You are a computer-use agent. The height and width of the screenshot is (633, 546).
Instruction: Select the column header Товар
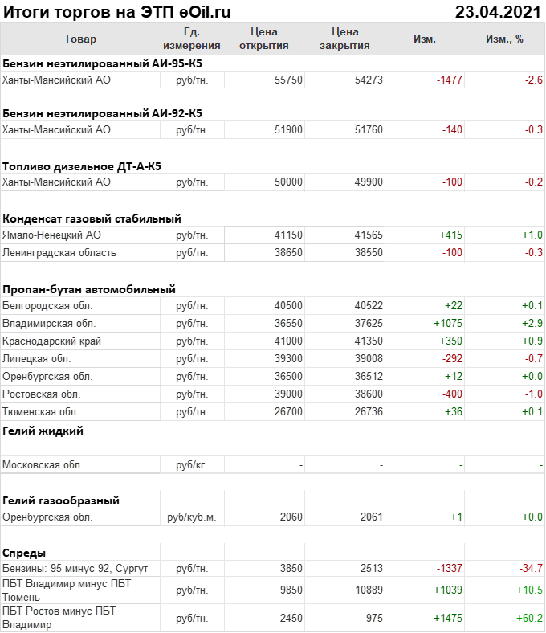click(79, 39)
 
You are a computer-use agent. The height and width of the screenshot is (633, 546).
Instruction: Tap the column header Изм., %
click(504, 39)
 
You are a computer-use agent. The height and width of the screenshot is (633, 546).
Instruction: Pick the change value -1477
click(449, 80)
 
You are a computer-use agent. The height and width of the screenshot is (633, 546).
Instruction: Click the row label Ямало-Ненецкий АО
click(52, 235)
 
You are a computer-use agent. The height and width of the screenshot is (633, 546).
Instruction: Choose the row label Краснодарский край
click(51, 341)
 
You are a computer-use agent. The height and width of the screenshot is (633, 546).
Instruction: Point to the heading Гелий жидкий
click(43, 430)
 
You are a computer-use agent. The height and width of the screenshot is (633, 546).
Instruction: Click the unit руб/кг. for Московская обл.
click(191, 464)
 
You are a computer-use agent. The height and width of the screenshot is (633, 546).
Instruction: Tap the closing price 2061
click(372, 517)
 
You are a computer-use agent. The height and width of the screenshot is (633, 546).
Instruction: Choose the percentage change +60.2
click(530, 618)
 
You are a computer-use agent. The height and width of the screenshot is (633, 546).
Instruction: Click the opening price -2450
click(287, 618)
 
